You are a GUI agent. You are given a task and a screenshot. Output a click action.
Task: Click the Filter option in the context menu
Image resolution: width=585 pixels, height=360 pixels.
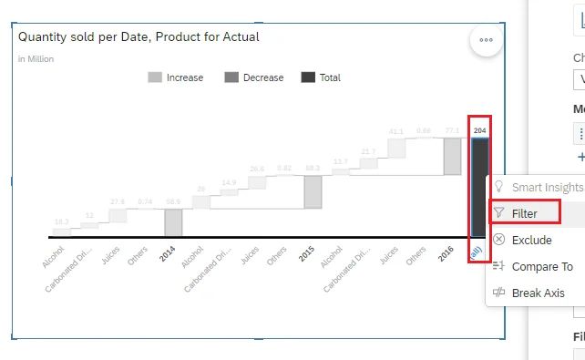point(524,213)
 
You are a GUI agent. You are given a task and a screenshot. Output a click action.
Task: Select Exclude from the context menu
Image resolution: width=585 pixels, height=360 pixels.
point(531,241)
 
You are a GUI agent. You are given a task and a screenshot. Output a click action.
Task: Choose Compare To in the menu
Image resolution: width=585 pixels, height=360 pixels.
point(542,267)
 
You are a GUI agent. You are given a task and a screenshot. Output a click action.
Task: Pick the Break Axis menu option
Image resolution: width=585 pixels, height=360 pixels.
point(538,293)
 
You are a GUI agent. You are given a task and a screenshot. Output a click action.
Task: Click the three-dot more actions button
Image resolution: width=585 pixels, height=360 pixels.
point(486,40)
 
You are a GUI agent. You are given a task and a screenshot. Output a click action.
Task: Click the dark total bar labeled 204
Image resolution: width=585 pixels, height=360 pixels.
point(479,187)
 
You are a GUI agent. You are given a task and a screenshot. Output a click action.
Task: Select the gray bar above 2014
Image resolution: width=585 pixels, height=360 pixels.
point(173,221)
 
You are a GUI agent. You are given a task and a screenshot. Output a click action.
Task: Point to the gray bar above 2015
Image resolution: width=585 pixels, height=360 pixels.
point(313,191)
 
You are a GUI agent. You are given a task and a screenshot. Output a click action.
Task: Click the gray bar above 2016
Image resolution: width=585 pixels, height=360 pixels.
point(452,156)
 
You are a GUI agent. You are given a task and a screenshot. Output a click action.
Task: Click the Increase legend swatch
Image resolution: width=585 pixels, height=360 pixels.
point(156,78)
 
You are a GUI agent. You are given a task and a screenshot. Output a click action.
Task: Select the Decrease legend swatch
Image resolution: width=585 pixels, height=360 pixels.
point(231,78)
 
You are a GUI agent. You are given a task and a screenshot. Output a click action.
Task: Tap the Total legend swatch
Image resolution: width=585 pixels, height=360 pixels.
point(308,78)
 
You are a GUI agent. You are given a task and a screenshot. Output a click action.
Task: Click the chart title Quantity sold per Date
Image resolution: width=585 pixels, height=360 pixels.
point(139,37)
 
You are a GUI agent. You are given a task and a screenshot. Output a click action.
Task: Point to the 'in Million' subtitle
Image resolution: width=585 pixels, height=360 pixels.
point(36,59)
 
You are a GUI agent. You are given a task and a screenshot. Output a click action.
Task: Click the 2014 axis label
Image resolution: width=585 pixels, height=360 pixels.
point(168,253)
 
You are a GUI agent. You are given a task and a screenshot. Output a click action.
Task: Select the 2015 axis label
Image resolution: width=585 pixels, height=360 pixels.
point(307,253)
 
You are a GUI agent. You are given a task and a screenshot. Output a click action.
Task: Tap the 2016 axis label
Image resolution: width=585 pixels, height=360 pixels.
point(446,253)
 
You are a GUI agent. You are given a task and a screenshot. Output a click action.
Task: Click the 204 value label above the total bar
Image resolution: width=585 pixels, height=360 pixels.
point(479,131)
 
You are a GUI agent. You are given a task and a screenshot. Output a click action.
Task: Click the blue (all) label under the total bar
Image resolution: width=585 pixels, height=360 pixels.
point(477,252)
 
